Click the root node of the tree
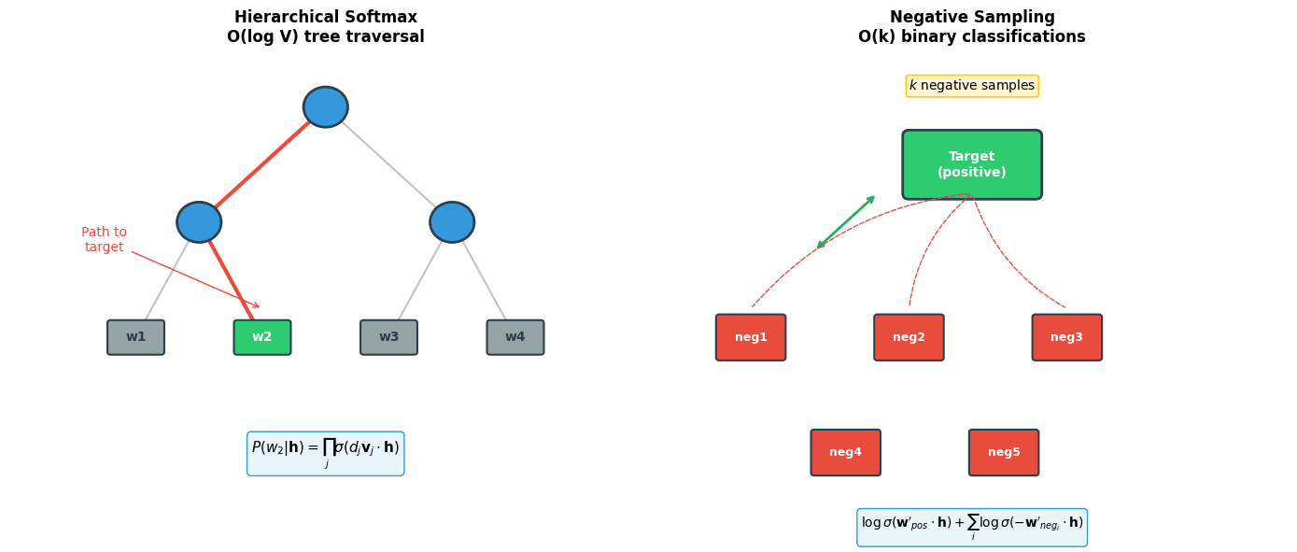325,107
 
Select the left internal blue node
199,222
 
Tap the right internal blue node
452,222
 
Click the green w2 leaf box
262,337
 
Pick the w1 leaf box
135,337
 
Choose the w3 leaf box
388,337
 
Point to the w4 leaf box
515,337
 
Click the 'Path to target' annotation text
104,240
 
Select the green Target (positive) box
972,164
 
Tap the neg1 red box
751,337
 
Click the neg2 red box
909,337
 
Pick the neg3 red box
1066,337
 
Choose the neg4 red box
845,452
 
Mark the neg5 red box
1004,452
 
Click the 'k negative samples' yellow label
972,86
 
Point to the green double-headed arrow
846,222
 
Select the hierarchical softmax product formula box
325,453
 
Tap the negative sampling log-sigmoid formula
972,528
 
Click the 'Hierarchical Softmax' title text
325,18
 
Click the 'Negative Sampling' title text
972,18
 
